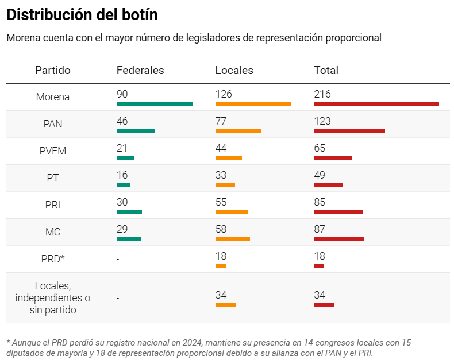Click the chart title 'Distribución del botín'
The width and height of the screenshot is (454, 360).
click(x=82, y=14)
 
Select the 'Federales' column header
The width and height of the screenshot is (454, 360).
click(x=140, y=71)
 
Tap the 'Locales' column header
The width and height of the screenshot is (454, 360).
click(x=234, y=71)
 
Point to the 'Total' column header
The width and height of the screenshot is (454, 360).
click(x=326, y=71)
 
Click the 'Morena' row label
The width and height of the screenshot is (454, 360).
click(x=53, y=97)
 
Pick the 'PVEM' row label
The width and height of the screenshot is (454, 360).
click(x=53, y=151)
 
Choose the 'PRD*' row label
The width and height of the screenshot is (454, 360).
click(x=53, y=259)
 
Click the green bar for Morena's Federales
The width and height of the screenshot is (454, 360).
click(x=154, y=104)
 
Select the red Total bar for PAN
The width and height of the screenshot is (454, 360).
click(x=349, y=131)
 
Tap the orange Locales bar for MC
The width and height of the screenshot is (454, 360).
click(x=232, y=239)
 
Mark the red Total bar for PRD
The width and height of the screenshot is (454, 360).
click(x=319, y=266)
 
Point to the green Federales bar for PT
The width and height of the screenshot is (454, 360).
click(x=123, y=185)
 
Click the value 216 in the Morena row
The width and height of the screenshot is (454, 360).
click(x=322, y=94)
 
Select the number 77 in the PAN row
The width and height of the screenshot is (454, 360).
click(x=221, y=121)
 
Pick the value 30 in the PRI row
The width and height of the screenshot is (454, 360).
click(x=122, y=202)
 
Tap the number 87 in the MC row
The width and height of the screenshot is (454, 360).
click(x=320, y=229)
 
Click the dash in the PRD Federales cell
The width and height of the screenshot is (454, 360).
click(x=118, y=260)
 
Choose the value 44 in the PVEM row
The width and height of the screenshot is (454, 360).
click(x=221, y=148)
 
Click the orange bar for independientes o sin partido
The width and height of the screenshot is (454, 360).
click(x=225, y=305)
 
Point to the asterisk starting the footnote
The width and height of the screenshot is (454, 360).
click(x=8, y=343)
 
